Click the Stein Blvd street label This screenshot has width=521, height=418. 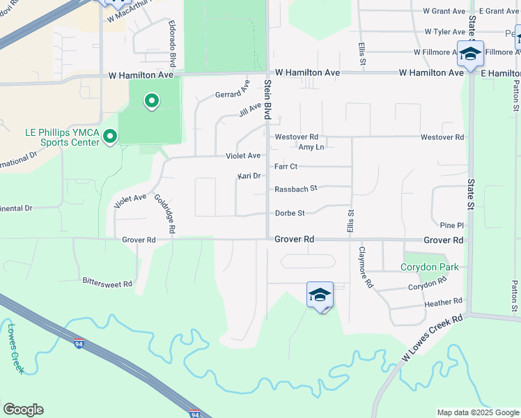267,99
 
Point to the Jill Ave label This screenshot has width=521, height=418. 249,110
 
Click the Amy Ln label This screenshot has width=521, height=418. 311,147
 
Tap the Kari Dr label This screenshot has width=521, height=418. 249,176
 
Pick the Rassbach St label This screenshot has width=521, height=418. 296,188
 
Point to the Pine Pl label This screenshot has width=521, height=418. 451,225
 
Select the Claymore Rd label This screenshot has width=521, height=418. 366,267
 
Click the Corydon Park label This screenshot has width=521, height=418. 430,267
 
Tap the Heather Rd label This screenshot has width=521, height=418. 443,302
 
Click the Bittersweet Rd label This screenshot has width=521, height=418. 107,284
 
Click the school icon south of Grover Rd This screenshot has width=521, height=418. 320,295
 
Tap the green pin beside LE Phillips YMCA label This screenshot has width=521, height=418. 109,137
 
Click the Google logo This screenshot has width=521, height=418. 23,410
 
